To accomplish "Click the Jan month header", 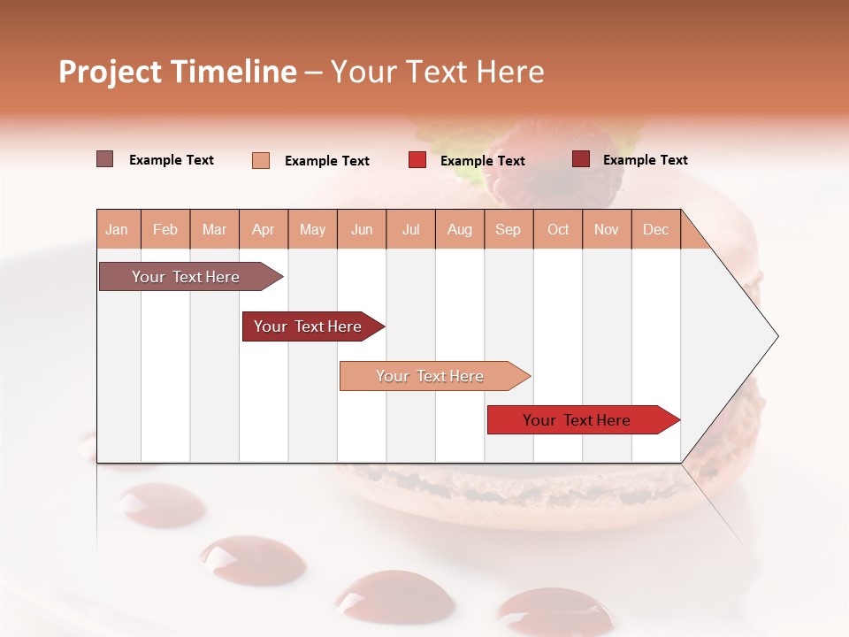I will point(117,229).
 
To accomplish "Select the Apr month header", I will point(263,229).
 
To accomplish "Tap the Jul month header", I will point(410,229).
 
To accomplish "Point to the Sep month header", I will point(508,229).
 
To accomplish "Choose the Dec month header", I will point(655,229).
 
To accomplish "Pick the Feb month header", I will point(165,229).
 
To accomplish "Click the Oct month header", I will point(558,229).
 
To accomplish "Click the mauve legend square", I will point(104,159).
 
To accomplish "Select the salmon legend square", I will point(260,160).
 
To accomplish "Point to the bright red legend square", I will point(417,160).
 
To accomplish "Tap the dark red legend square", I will point(580,159).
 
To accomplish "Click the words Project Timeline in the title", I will point(178,72).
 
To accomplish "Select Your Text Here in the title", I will point(437,72).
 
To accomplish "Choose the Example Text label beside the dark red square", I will point(645,160).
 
